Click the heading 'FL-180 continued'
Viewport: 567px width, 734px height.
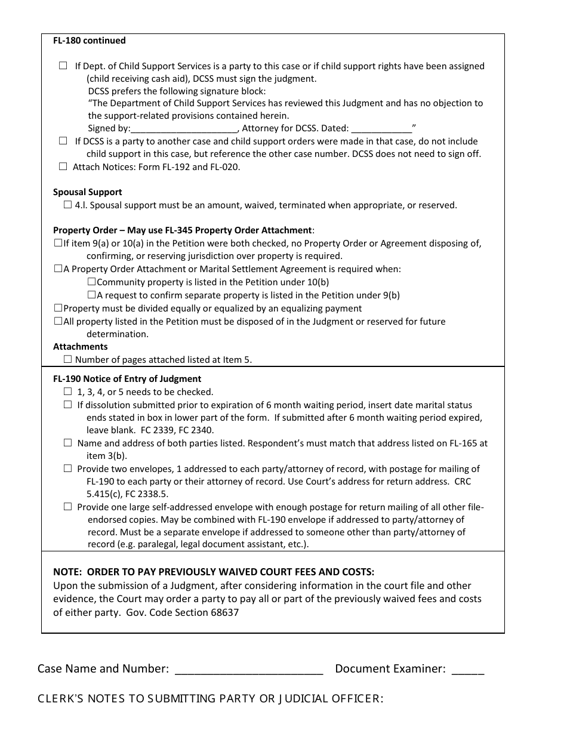(90, 41)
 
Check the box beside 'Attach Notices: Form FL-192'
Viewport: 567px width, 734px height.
(63, 167)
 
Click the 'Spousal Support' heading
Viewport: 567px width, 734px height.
(88, 192)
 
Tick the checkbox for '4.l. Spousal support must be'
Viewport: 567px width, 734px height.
(67, 205)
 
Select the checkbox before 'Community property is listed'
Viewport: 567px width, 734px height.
(91, 282)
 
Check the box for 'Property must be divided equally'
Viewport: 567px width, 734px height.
(58, 308)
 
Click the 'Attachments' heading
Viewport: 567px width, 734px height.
(81, 347)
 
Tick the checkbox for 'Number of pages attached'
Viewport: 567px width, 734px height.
(67, 359)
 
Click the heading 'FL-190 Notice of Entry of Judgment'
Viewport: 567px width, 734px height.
(127, 379)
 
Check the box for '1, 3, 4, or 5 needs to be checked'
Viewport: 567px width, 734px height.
(67, 391)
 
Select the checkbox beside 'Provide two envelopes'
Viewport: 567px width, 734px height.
(67, 468)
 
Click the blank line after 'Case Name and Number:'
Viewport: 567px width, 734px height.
(249, 670)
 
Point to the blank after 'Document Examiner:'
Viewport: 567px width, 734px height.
(468, 670)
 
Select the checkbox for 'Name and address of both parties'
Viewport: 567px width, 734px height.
(67, 443)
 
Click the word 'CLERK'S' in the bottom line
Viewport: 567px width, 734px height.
(60, 699)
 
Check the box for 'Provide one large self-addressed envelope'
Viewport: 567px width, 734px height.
(67, 507)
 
